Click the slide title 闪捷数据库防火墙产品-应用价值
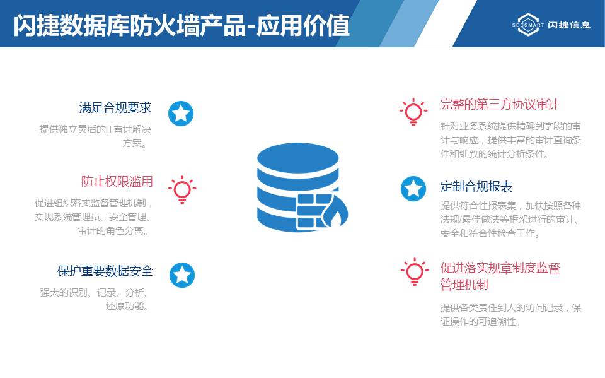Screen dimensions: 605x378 point(181,25)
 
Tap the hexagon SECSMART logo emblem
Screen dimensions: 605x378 point(528,25)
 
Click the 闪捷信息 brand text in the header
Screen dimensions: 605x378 point(568,25)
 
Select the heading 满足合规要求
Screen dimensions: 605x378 point(115,107)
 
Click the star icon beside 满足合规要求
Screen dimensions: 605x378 point(181,114)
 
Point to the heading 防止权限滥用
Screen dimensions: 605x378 point(117,181)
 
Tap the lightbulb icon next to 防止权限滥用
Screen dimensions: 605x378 point(182,189)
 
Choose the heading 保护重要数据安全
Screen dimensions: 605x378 point(105,271)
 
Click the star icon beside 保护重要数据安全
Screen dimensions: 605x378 point(181,275)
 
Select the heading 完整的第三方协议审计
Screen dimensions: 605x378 point(500,104)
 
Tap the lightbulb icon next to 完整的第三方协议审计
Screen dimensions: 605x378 point(413,112)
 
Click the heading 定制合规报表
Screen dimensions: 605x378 point(476,186)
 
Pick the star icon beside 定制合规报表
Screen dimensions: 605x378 point(413,189)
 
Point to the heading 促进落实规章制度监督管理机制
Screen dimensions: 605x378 point(500,276)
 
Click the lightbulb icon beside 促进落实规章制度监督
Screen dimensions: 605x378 point(415,272)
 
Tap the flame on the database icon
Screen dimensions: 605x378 point(335,214)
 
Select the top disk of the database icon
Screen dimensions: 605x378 point(298,159)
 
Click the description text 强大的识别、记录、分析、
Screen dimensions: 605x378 point(94,293)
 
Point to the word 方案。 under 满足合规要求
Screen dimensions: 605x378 point(135,143)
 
